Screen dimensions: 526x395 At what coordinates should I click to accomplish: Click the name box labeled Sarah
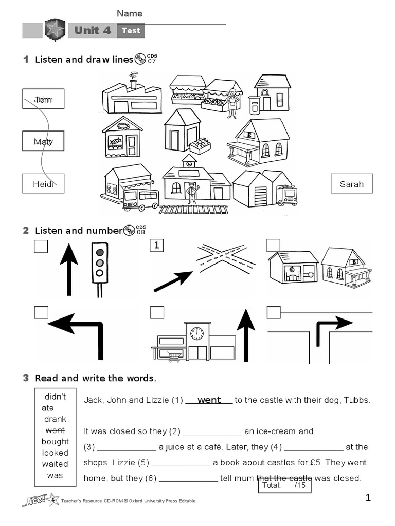(x=352, y=184)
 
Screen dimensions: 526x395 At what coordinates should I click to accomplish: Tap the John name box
(x=43, y=99)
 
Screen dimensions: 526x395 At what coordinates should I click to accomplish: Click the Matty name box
(x=43, y=141)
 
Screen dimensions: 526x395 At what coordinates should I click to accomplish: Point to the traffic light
(x=100, y=262)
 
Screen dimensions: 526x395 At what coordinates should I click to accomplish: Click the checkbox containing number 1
(x=157, y=246)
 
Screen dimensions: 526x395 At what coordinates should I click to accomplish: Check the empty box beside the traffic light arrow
(x=41, y=247)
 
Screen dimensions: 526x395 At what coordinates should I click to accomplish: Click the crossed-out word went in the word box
(x=55, y=430)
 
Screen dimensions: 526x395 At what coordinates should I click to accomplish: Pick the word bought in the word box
(x=55, y=441)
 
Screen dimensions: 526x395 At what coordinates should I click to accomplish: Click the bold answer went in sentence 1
(x=209, y=400)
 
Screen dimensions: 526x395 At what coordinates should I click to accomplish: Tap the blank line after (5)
(x=181, y=463)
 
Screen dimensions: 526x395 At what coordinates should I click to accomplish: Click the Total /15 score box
(x=284, y=485)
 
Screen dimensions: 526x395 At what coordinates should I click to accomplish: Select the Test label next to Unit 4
(x=131, y=31)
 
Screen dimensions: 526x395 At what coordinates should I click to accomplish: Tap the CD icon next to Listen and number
(x=128, y=230)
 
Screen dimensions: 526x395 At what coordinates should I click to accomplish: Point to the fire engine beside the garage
(x=286, y=195)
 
